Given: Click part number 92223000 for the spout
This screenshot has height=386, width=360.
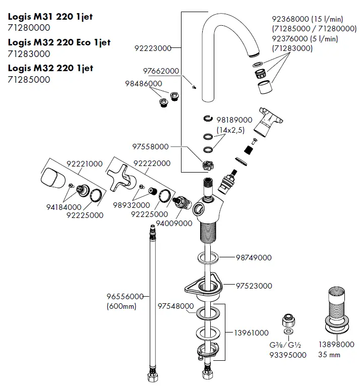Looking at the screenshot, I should [x=152, y=48].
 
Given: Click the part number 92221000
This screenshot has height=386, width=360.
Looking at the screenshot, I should [x=85, y=163].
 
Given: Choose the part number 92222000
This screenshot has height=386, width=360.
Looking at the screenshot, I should [x=152, y=163].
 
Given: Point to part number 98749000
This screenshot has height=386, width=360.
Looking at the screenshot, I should [x=254, y=257].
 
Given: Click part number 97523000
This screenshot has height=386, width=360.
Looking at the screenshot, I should [x=254, y=286].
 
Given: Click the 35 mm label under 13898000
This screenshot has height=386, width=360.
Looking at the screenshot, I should [x=329, y=355].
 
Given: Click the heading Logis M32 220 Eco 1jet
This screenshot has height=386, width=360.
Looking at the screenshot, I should [x=59, y=42].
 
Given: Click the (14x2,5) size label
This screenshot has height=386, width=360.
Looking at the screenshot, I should [x=231, y=130].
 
